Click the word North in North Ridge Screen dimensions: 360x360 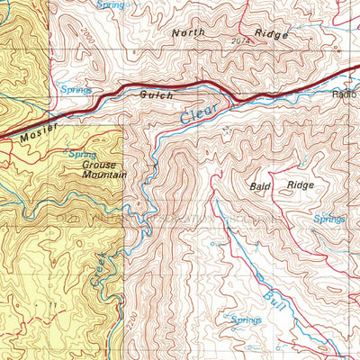point(189,32)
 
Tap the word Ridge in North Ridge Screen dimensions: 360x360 point(271,35)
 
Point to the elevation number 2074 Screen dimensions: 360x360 point(239,41)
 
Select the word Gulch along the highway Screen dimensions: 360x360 point(156,94)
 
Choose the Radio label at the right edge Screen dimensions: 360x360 point(345,94)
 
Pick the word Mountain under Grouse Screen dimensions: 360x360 point(103,175)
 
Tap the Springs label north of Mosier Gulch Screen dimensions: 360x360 point(76,89)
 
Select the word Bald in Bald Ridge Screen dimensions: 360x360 point(260,186)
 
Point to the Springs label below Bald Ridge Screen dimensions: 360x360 point(328,219)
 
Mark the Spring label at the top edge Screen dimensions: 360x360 point(111,4)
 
